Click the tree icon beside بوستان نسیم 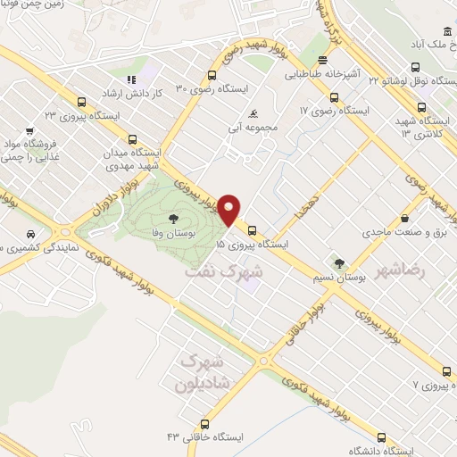click(x=340, y=263)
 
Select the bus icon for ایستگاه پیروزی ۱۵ click(x=253, y=228)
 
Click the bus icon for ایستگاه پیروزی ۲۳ click(x=82, y=102)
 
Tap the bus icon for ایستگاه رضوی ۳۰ click(x=212, y=75)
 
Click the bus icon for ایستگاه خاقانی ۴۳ click(x=205, y=426)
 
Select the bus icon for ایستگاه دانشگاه click(x=382, y=437)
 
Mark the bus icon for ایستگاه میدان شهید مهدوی click(x=133, y=139)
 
